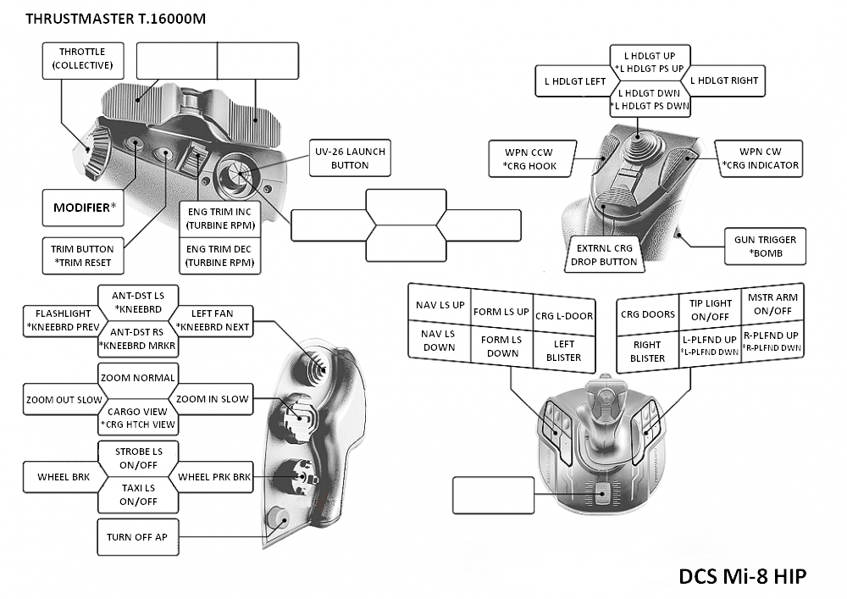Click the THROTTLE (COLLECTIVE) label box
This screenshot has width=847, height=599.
click(82, 58)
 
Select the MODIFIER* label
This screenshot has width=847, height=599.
click(83, 208)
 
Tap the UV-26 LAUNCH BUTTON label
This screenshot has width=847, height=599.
click(349, 158)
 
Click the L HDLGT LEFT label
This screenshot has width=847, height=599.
click(572, 81)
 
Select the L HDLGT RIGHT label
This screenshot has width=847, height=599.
click(723, 81)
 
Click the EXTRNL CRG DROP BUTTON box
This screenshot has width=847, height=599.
click(607, 255)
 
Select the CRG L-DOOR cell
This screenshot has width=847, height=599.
click(563, 315)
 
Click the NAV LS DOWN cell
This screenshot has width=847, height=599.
click(438, 341)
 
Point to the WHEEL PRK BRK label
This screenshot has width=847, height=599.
click(214, 477)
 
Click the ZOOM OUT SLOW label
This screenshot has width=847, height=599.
click(64, 400)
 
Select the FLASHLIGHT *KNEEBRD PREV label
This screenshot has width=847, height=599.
click(62, 319)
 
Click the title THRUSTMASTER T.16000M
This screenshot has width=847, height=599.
click(116, 19)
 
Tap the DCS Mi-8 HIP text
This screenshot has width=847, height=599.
click(742, 577)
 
